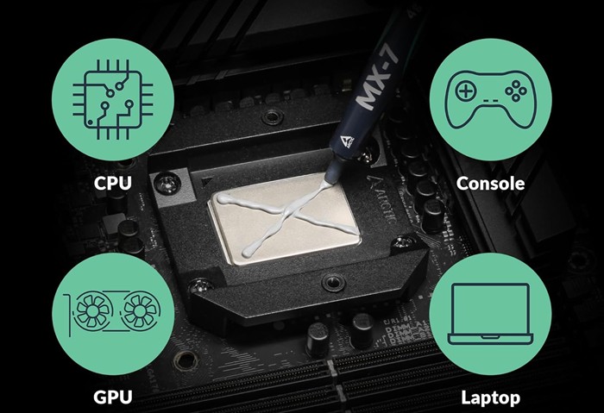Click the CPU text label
point(113,183)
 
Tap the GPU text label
point(113,397)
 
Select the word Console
point(490,183)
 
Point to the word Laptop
point(490,397)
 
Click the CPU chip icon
point(113,99)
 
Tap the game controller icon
point(490,99)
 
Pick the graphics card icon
point(112,313)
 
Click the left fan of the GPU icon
point(93,310)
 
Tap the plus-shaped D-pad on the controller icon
point(466,91)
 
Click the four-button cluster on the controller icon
point(516,91)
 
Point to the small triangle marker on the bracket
point(208,181)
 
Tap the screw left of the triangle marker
point(167,183)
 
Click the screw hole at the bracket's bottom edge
point(332,283)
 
